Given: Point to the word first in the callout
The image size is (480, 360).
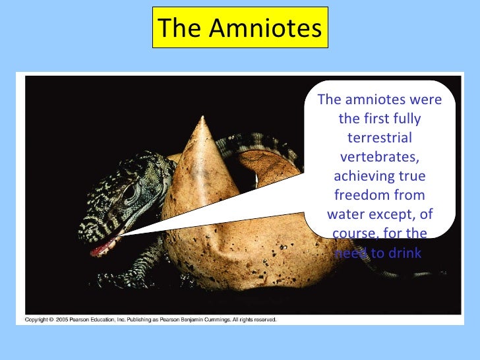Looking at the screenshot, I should point(378,119).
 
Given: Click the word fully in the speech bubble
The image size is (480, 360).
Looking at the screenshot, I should point(407,119).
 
